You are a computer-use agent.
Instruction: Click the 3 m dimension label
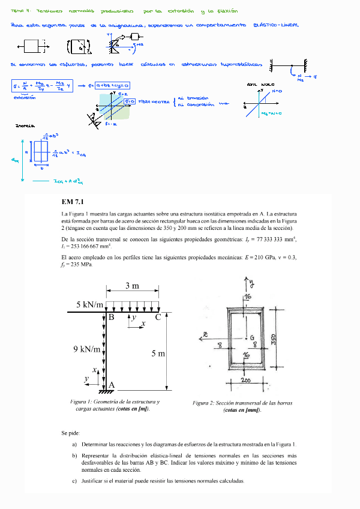132,285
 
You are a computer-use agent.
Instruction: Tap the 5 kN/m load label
90,304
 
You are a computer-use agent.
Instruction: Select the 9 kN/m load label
87,349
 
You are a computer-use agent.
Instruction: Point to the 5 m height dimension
158,354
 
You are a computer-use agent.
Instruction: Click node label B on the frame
111,318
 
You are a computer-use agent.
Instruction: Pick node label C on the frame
158,318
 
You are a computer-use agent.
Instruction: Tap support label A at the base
112,385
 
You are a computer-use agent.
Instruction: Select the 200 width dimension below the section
246,380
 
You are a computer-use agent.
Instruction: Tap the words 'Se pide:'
70,433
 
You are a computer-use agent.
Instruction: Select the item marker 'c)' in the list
74,481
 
